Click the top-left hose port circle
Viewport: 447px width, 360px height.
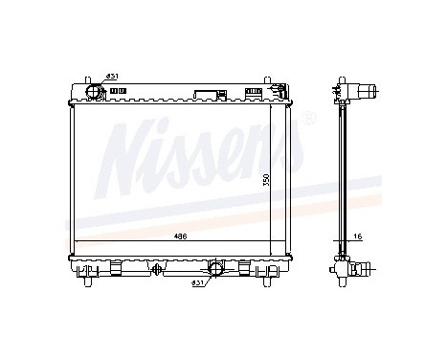tap(95, 91)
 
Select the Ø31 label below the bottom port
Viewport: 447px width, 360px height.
tap(197, 283)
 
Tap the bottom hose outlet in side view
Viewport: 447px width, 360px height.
tap(366, 270)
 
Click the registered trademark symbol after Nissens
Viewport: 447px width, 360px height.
tap(308, 120)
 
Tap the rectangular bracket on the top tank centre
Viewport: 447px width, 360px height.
tap(207, 94)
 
